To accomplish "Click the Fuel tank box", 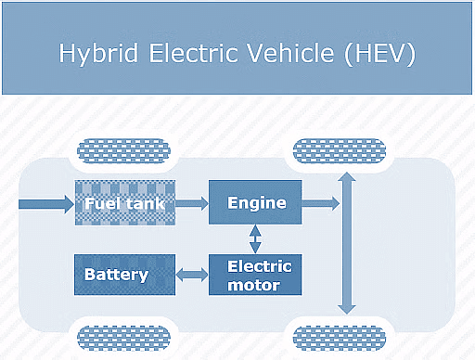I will (124, 203).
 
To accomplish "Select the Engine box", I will (256, 202).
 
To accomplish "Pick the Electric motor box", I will (256, 275).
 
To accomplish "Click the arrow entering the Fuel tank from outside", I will (45, 203).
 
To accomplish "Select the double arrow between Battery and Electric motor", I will (192, 275).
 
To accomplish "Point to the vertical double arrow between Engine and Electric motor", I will (255, 238).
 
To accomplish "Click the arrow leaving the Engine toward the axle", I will (321, 202).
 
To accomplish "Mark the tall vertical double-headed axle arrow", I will (347, 242).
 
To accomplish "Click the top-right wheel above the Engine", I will (338, 149).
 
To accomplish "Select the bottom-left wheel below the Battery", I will (123, 336).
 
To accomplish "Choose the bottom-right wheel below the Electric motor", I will (338, 336).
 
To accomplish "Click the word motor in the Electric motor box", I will (255, 285).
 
